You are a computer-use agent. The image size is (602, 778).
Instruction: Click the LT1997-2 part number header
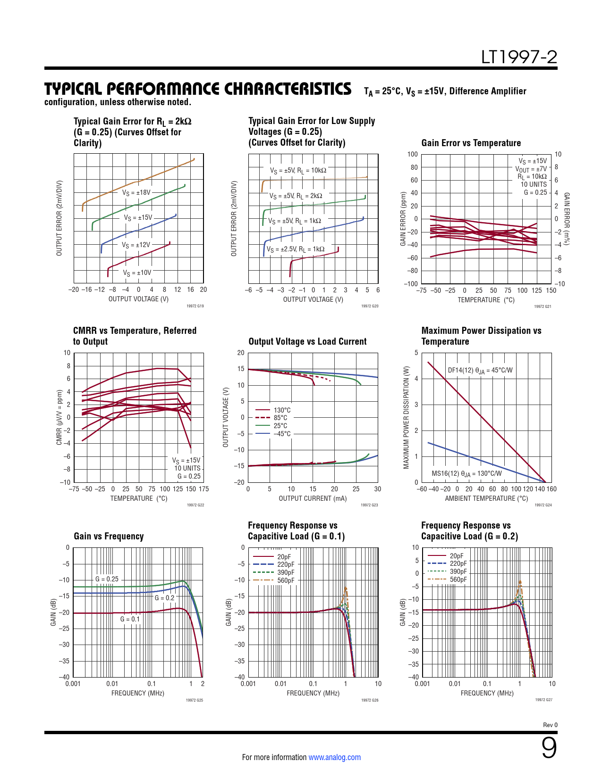point(519,57)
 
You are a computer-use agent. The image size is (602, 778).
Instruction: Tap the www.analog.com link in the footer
point(334,757)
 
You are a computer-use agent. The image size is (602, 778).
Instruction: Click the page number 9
point(549,748)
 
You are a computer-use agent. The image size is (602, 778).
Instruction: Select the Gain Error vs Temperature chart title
point(471,143)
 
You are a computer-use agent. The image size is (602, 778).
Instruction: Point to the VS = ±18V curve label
point(136,192)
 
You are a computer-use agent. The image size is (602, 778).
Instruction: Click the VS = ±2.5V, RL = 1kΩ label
point(296,249)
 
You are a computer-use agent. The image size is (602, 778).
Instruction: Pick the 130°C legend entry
point(282,410)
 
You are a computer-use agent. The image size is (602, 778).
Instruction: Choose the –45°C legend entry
point(282,434)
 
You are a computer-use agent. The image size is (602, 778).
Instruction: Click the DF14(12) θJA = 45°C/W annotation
point(480,370)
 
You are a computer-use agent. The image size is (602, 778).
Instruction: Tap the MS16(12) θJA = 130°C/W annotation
point(466,473)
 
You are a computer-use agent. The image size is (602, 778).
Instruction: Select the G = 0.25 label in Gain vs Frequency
point(107,579)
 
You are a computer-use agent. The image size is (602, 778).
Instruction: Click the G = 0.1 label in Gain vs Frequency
point(130,619)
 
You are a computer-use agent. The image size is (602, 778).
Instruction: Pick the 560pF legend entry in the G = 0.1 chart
point(285,580)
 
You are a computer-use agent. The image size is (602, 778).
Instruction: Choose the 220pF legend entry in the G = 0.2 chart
point(458,563)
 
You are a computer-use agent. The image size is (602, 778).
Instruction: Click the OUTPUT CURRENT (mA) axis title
point(313,498)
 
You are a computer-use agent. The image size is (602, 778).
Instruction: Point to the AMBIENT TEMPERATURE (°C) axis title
point(486,498)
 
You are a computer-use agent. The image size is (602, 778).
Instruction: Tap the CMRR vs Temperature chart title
point(135,336)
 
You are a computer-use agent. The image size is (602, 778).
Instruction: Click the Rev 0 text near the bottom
point(550,725)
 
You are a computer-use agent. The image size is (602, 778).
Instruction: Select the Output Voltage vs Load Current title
point(307,341)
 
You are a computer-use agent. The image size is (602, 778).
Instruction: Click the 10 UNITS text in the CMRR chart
point(187,468)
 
